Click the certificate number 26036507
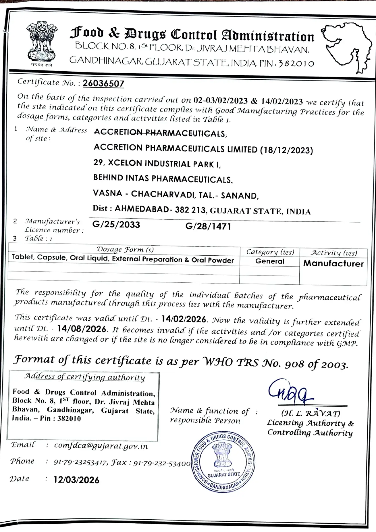click(x=103, y=83)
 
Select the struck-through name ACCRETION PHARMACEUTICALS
click(x=160, y=133)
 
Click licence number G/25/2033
click(x=116, y=225)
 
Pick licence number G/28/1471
click(x=208, y=227)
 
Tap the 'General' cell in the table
click(x=269, y=261)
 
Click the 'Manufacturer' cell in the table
click(x=333, y=263)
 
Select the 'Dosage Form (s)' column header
click(x=125, y=249)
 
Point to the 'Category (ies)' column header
click(x=270, y=252)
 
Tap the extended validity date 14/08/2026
click(x=82, y=329)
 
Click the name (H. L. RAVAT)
click(x=311, y=414)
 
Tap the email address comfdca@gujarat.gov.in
click(x=101, y=446)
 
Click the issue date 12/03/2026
click(x=76, y=480)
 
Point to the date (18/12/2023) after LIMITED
click(x=286, y=150)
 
